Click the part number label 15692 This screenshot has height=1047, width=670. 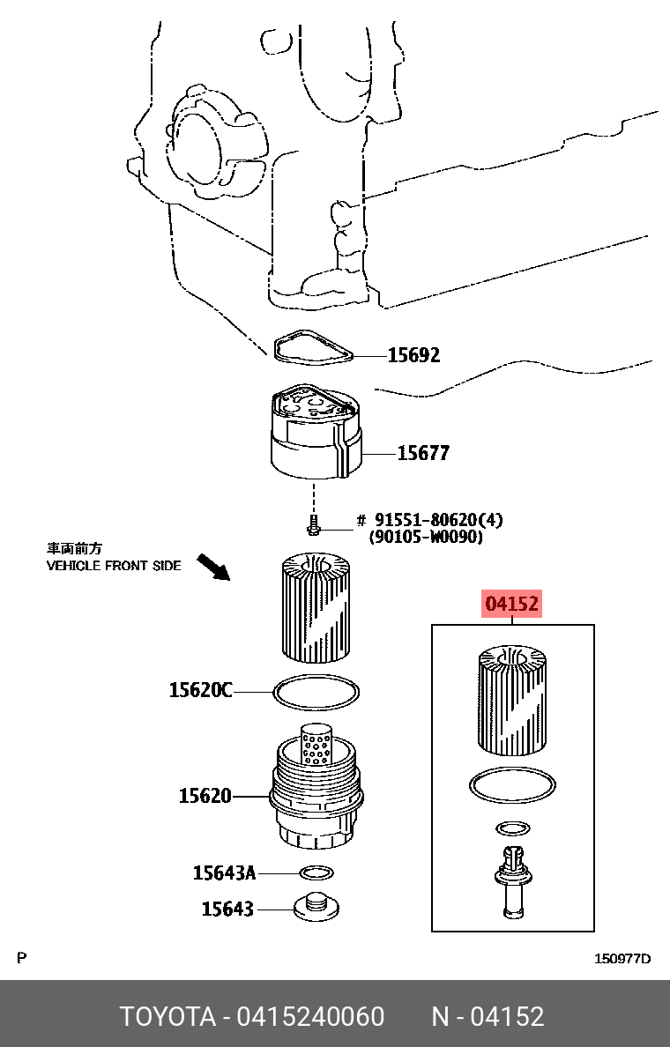pos(414,354)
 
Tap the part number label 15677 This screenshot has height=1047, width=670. pos(423,453)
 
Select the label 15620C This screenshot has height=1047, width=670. pos(200,689)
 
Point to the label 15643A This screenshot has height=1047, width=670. pos(225,872)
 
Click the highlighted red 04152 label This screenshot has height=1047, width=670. pos(511,604)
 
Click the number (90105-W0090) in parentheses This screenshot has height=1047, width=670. pos(426,536)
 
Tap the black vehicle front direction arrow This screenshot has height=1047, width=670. pos(213,568)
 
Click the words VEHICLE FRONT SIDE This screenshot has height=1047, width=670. pos(114,566)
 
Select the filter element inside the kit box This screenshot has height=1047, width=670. pos(512,701)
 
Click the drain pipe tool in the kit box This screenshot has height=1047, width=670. pos(512,883)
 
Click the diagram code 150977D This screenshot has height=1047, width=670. pos(622,959)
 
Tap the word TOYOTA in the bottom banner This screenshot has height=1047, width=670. pos(167,1016)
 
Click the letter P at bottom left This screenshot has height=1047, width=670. pos(21,958)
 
